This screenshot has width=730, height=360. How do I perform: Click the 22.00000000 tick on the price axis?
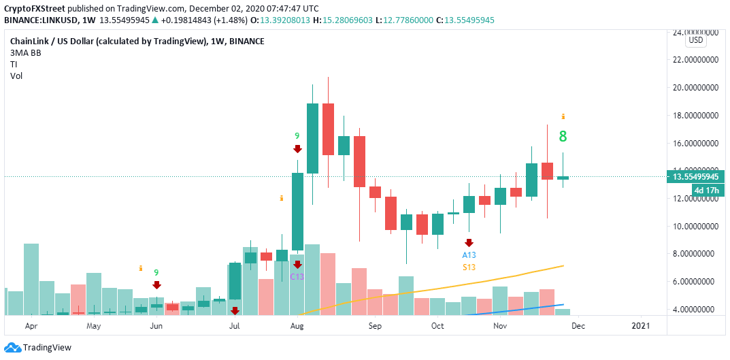point(696,60)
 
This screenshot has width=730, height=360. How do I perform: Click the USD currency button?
point(696,40)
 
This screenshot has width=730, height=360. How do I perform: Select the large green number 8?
point(563,137)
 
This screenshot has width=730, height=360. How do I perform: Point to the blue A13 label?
point(469,255)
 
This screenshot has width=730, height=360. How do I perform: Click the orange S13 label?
point(469,267)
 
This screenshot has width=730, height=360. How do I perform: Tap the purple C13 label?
point(297,276)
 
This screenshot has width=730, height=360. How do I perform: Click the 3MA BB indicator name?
point(26,52)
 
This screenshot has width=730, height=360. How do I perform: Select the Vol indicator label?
point(16,76)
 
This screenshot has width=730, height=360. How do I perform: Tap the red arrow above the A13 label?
point(469,242)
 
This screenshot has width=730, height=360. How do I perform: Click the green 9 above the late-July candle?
point(297,136)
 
